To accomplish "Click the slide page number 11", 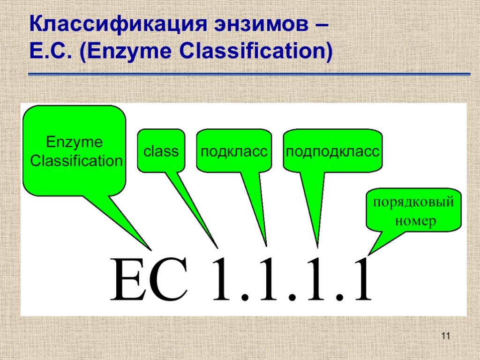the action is click(445, 336).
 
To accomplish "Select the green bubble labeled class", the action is click(161, 151).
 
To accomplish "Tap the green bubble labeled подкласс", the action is click(234, 151).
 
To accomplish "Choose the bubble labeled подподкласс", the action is click(332, 151).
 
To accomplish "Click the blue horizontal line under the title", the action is click(249, 74).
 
